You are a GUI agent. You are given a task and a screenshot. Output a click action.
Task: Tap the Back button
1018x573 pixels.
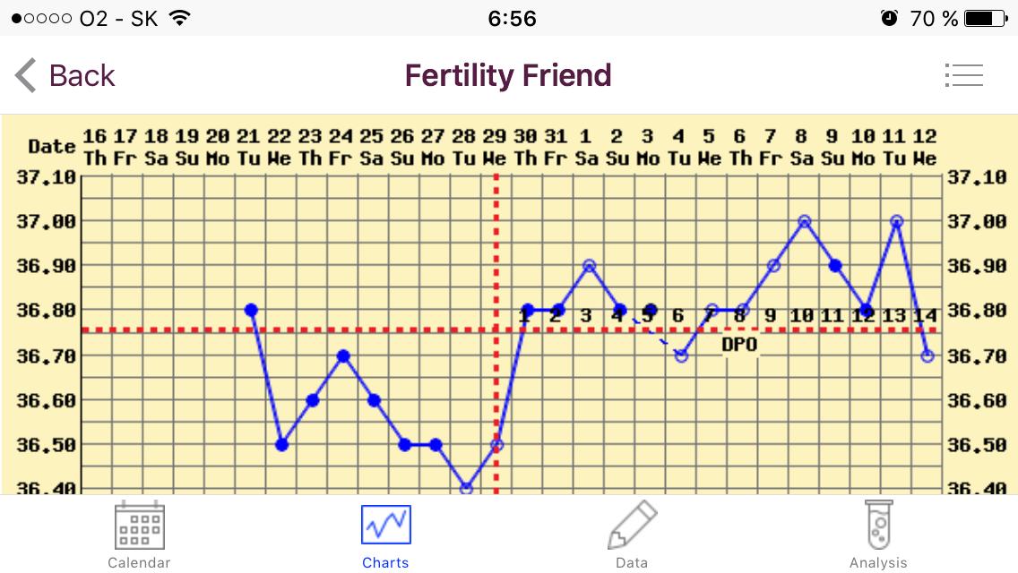(65, 75)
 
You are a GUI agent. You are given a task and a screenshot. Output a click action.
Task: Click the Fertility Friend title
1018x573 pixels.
(508, 75)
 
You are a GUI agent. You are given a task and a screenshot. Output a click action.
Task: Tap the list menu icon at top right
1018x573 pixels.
(963, 75)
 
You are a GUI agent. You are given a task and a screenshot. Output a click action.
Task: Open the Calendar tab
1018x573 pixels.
(139, 535)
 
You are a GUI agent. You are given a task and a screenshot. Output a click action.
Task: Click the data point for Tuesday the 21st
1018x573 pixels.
(251, 310)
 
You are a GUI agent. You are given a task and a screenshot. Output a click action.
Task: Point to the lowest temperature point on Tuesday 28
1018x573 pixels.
(466, 488)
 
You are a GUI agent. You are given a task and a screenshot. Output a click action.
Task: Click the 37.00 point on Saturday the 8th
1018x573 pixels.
(805, 220)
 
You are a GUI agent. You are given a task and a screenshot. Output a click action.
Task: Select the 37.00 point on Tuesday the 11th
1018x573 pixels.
(896, 220)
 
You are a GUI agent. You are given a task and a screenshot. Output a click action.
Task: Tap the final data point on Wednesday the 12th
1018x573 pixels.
(927, 355)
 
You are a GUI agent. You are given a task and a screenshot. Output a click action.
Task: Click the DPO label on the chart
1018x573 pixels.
(739, 344)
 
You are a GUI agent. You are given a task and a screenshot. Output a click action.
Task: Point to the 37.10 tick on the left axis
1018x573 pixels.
(46, 176)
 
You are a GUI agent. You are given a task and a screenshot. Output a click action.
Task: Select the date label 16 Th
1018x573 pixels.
(94, 147)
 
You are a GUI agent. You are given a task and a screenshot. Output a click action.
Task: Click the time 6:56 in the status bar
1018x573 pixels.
(513, 18)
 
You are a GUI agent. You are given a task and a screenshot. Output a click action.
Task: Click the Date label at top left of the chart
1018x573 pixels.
(51, 146)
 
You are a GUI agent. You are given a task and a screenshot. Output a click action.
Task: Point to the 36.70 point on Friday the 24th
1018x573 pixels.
(342, 355)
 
